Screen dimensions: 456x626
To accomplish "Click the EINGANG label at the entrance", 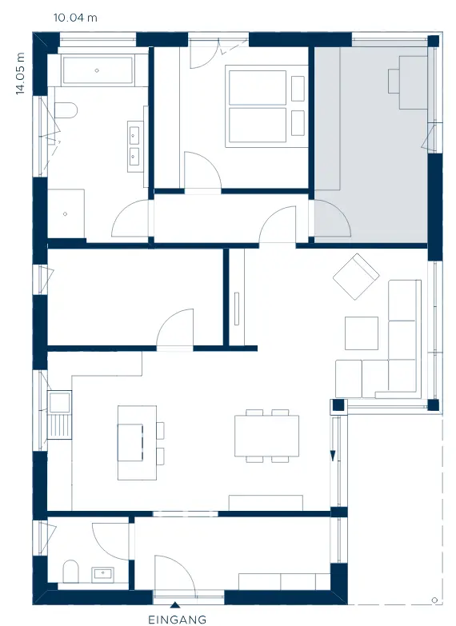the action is [177, 620].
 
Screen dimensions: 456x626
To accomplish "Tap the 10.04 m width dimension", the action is [75, 18].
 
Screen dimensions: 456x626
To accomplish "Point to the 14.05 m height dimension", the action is [20, 74].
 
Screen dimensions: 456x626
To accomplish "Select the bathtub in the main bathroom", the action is [98, 70].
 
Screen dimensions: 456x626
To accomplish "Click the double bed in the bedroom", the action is [258, 106].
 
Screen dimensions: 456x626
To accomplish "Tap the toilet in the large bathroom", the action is [66, 110].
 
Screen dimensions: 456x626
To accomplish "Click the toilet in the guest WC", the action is [71, 572].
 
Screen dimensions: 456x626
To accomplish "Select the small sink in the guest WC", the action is [102, 575].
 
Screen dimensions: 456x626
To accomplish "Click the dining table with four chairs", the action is [266, 436].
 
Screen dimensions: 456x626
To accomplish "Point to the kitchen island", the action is [137, 442].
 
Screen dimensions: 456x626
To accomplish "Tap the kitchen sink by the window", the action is [59, 402].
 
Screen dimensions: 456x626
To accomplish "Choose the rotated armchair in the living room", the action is [356, 277].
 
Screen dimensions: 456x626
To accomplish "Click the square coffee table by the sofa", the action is [362, 333].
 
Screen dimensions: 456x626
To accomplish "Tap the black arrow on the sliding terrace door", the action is [333, 456].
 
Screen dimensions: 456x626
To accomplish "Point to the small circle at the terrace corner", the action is [435, 600].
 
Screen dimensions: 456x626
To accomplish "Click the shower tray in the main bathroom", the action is [66, 213].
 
